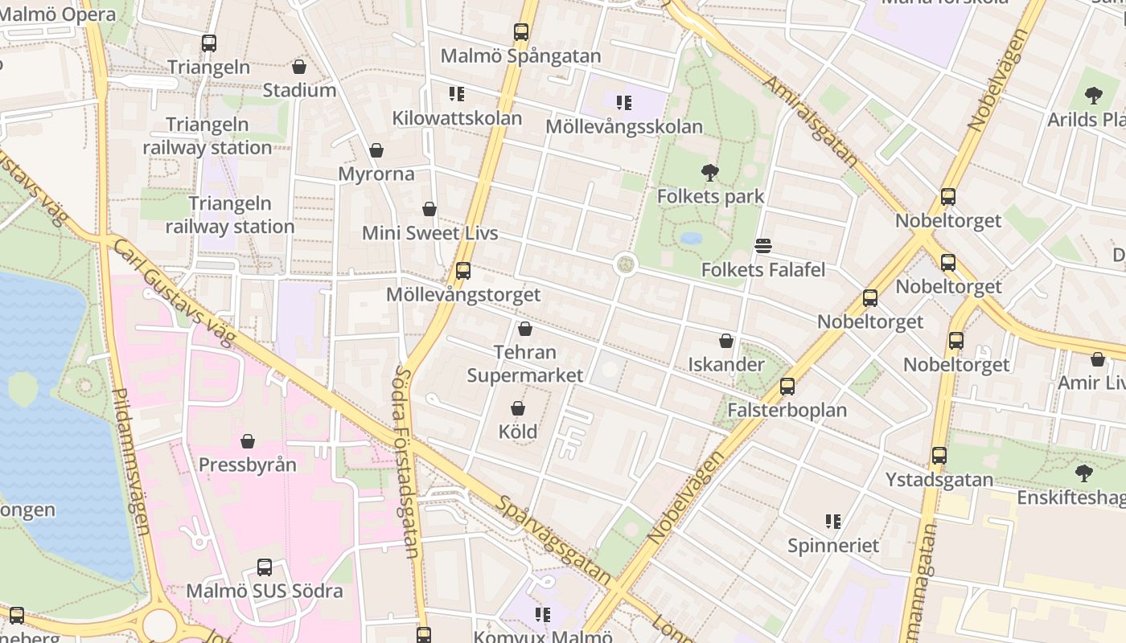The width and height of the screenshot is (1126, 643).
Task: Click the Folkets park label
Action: click(710, 196)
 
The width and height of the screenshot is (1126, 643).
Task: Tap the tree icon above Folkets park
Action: click(709, 172)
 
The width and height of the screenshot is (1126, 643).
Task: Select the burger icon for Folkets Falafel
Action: click(763, 245)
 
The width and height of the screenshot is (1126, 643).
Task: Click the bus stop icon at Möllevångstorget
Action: click(462, 271)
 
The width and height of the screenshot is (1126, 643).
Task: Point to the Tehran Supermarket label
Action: click(524, 363)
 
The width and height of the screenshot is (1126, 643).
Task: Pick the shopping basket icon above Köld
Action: click(518, 408)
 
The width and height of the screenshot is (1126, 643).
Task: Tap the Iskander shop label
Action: click(725, 364)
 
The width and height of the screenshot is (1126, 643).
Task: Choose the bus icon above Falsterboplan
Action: click(787, 387)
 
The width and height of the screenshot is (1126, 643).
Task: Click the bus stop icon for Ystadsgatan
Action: click(939, 456)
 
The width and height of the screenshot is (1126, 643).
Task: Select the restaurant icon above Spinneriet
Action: click(832, 522)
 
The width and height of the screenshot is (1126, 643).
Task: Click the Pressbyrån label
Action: click(247, 465)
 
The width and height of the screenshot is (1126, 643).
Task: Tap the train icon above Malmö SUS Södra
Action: click(264, 567)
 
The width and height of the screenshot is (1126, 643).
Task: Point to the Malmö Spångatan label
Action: click(520, 56)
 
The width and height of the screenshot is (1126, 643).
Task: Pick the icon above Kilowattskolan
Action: click(457, 94)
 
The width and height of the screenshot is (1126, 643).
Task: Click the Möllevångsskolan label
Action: click(623, 126)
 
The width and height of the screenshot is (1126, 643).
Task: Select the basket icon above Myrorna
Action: click(376, 150)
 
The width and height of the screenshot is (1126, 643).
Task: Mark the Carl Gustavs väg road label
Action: click(172, 293)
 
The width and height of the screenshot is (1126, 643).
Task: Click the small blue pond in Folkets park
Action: click(690, 238)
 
